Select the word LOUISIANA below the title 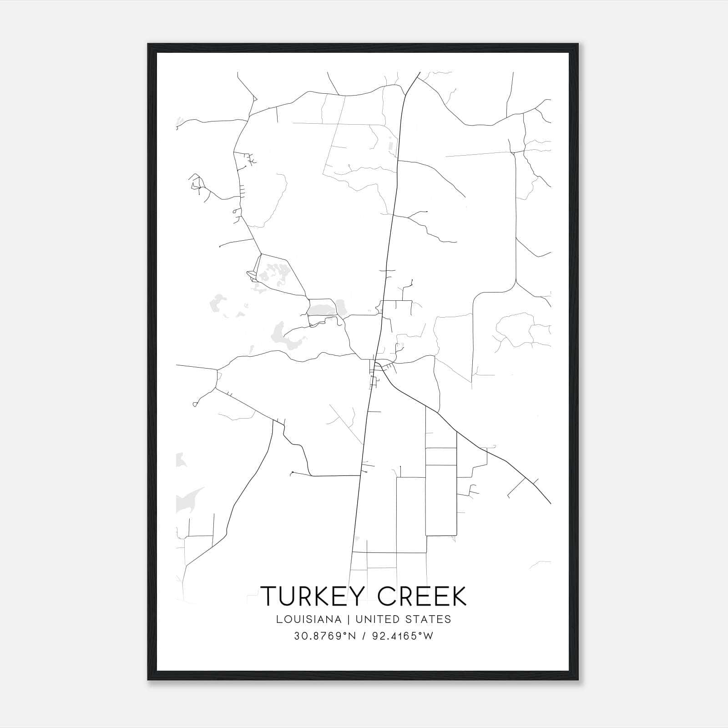[x=308, y=619]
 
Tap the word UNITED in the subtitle [x=373, y=619]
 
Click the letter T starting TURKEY [x=268, y=596]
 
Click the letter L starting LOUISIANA [x=278, y=619]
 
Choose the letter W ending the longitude [x=428, y=636]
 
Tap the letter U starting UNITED [x=359, y=619]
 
